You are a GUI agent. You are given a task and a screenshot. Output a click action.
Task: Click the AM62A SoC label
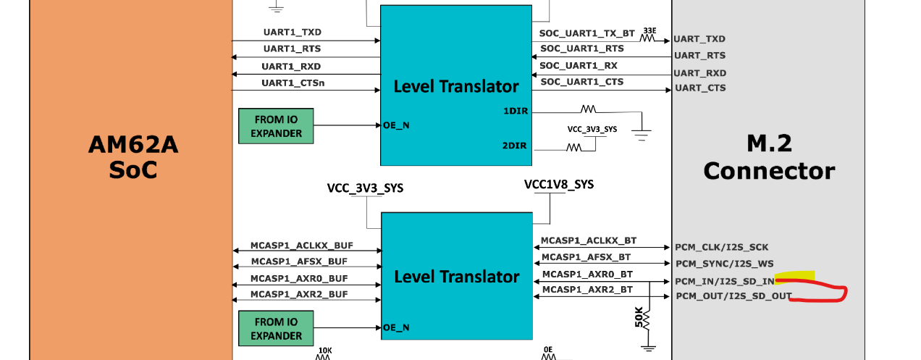tap(133, 157)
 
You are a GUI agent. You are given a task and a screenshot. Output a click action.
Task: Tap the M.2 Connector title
tap(769, 157)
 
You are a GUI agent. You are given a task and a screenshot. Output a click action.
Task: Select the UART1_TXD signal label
tap(293, 32)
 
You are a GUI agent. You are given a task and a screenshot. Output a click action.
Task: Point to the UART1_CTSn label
tap(293, 83)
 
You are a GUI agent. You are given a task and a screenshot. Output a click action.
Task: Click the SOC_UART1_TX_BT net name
tap(587, 33)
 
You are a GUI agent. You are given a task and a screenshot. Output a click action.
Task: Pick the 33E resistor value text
tap(649, 31)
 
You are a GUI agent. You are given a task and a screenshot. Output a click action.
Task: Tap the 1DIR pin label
tap(516, 111)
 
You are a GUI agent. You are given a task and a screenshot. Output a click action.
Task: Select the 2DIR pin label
tap(514, 146)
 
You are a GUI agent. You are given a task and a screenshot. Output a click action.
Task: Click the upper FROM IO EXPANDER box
tap(276, 126)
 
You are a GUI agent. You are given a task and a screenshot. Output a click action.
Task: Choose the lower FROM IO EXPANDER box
tap(276, 328)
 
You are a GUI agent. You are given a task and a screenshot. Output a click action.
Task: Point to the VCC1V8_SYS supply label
tap(559, 184)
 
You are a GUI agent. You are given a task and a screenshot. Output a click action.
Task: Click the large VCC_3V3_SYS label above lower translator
tap(365, 188)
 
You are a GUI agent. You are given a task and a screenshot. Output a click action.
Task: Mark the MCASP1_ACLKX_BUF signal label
tap(302, 246)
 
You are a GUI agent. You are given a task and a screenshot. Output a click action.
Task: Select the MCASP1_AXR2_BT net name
tap(587, 290)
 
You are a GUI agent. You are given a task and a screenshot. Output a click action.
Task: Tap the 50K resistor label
tap(639, 317)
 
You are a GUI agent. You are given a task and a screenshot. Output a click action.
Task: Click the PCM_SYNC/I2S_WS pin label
tap(725, 264)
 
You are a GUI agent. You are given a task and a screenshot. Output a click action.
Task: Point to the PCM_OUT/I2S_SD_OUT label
tap(734, 296)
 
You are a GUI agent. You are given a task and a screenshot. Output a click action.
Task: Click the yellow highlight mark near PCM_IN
tap(794, 275)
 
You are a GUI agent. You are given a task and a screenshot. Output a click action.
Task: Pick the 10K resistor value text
tap(325, 351)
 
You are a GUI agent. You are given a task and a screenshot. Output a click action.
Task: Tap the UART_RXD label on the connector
tap(699, 73)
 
